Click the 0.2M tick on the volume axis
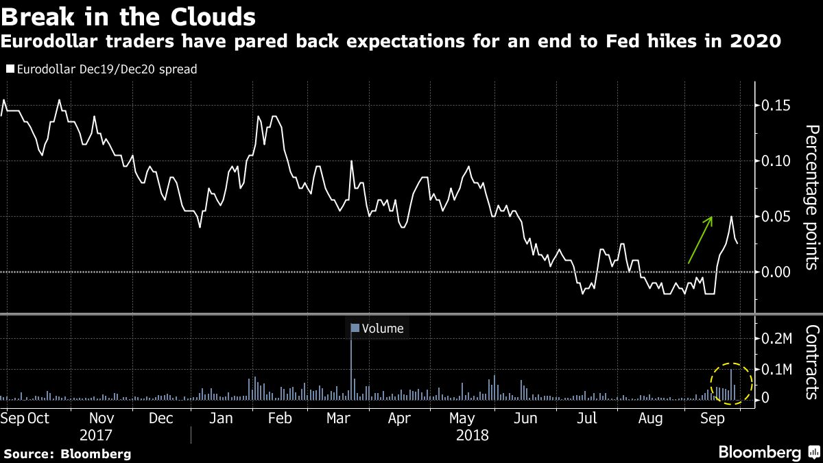pos(777,339)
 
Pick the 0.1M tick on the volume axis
pos(777,369)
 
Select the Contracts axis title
pos(811,361)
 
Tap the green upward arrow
pos(700,240)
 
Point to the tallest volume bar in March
pos(352,364)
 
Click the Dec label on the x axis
pos(160,418)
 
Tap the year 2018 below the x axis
pos(472,435)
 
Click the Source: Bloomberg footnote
pos(67,453)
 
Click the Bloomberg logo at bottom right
pos(768,452)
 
